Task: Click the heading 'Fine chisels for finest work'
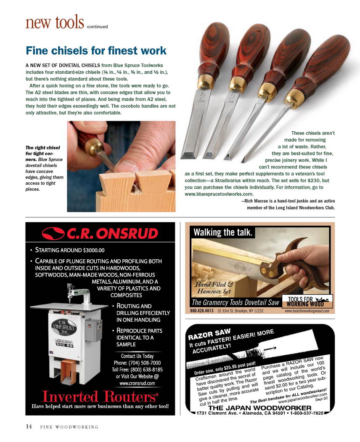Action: click(x=96, y=51)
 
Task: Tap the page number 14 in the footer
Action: click(x=29, y=426)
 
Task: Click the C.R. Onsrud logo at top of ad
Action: click(x=100, y=234)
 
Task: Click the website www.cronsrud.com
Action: click(x=137, y=383)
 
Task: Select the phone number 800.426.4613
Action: click(x=202, y=311)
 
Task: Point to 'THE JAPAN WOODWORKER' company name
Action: click(x=260, y=408)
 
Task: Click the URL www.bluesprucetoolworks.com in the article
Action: click(x=219, y=194)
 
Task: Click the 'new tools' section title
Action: click(x=55, y=23)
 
